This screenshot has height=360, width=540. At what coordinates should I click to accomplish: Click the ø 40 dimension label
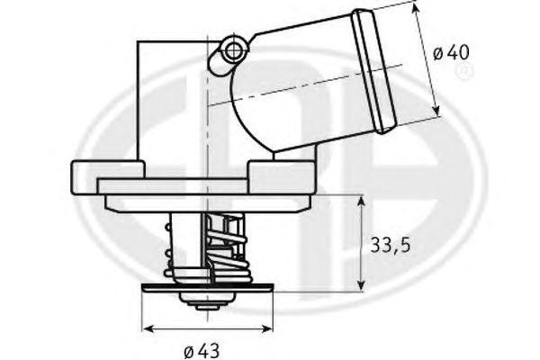451,53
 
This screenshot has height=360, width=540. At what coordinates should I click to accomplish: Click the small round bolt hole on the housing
235,49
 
